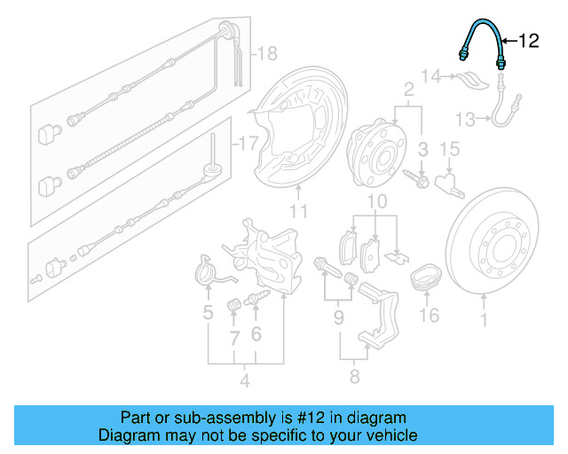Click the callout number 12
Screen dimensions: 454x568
(x=528, y=40)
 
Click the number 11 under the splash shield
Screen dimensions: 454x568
(x=298, y=211)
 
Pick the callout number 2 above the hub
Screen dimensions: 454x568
(x=409, y=90)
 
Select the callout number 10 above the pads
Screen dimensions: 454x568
(x=377, y=203)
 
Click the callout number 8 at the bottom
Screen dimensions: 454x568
(x=354, y=378)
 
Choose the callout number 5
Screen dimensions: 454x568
(x=208, y=312)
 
